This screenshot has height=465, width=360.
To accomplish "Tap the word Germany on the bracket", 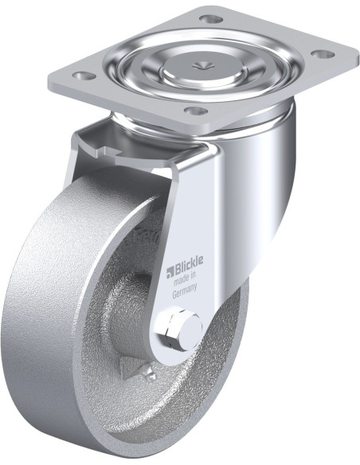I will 186,293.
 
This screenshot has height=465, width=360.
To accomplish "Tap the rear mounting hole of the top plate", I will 209,18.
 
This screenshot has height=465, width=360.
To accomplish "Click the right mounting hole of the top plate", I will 323,55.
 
